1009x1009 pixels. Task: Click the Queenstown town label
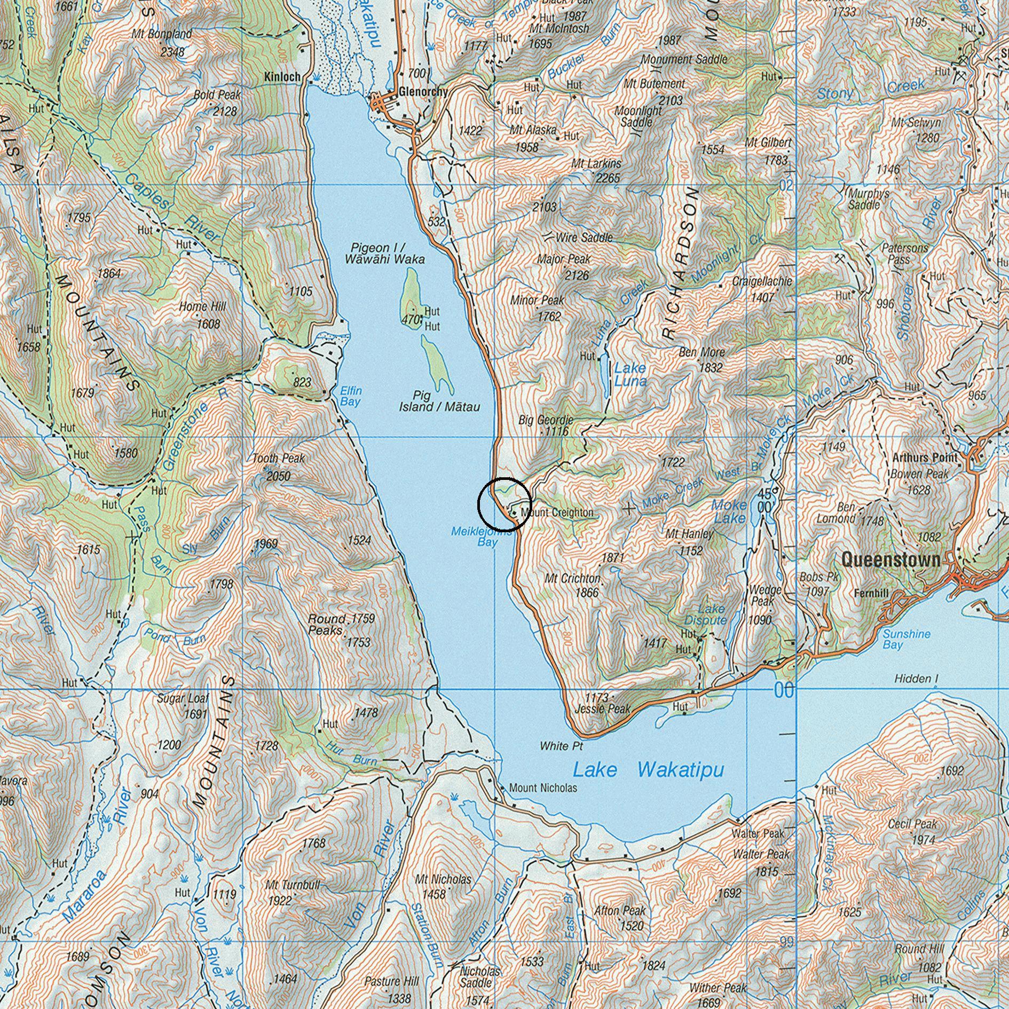pos(890,559)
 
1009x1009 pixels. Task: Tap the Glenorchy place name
pos(422,92)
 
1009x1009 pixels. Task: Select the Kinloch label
pos(282,77)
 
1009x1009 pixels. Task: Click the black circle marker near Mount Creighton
pos(504,503)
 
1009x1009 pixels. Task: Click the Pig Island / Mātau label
pos(439,401)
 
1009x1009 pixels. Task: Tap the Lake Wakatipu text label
pos(648,769)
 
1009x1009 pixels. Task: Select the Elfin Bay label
pos(351,396)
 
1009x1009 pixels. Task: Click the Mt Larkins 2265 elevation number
pos(608,178)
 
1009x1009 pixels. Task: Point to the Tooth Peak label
pos(278,458)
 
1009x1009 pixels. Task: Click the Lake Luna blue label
pos(630,374)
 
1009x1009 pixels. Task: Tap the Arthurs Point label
pos(925,458)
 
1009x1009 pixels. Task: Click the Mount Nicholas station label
pos(543,788)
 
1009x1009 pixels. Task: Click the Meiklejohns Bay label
pos(481,537)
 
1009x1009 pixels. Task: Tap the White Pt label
pos(561,746)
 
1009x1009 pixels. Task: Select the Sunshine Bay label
pos(906,639)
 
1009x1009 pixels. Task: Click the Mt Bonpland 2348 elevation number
pos(172,52)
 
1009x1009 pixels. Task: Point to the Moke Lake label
pos(729,511)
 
